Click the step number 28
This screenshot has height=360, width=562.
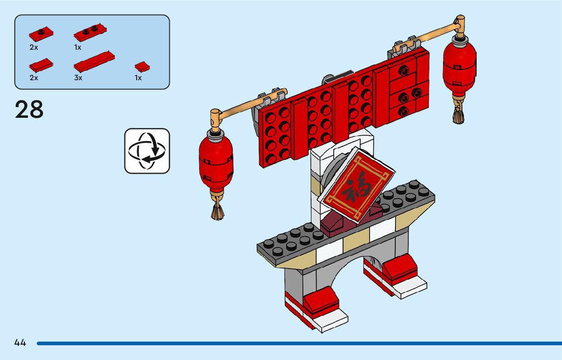pos(29,110)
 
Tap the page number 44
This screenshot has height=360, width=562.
pos(20,343)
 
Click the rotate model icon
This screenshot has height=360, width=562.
pos(147,151)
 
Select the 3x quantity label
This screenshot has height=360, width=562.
pos(78,78)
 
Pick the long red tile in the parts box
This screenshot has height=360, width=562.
pos(94,60)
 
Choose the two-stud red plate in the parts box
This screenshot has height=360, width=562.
pos(89,34)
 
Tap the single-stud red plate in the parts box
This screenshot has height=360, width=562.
pos(41,34)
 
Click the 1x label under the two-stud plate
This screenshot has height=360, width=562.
pos(78,47)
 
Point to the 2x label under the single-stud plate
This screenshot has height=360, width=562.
pos(34,47)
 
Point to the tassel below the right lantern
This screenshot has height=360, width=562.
pos(458,114)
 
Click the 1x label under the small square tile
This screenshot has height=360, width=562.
pos(138,78)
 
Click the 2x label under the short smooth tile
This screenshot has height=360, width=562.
pos(34,78)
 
